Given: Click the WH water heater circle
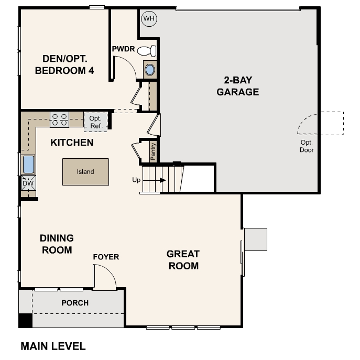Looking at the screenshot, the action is point(149,18).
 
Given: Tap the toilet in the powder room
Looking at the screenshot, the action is point(147,51).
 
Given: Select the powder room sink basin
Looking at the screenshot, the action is point(150,70).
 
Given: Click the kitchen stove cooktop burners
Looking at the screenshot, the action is point(59,119).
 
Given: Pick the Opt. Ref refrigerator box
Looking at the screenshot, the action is point(95,122).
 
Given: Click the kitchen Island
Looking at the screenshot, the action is point(85,172).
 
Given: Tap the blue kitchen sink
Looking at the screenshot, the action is point(28,165).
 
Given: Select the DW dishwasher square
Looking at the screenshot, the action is point(28,183).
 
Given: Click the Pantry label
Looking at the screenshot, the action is point(153,151).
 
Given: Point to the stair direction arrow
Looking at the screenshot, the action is point(154,180).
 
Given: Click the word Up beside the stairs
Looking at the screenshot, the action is point(136,180).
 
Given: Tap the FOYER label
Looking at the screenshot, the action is point(106,257).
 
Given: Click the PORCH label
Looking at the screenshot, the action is point(75,303).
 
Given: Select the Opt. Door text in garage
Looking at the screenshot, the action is point(307,146).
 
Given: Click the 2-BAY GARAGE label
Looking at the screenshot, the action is point(238,86).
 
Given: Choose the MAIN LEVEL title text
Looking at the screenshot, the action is point(53,346).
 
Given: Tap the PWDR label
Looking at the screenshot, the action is point(123,49).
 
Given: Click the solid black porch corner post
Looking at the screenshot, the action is point(26,321).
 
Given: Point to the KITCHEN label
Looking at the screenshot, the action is point(72,143).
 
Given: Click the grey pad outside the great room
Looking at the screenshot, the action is point(256,239).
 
